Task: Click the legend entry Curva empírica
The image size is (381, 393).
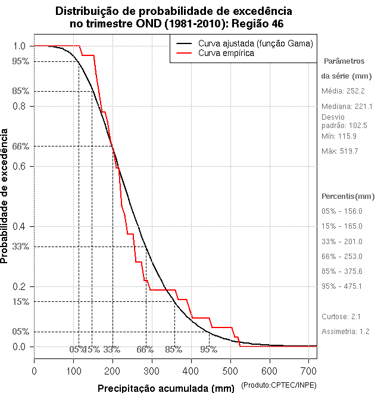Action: pos(226,53)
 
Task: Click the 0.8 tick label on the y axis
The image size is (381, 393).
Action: pos(18,106)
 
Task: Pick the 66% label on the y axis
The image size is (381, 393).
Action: pos(21,146)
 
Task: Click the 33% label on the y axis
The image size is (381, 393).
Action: pos(21,246)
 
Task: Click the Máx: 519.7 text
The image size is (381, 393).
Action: pos(340,151)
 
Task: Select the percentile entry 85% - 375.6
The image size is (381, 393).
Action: pos(342,271)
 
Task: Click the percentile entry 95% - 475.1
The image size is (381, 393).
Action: pos(342,286)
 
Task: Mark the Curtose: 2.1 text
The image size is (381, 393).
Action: pos(341,316)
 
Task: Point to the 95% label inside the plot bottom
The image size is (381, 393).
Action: pos(209,350)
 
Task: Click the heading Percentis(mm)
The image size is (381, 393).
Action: pos(348,196)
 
